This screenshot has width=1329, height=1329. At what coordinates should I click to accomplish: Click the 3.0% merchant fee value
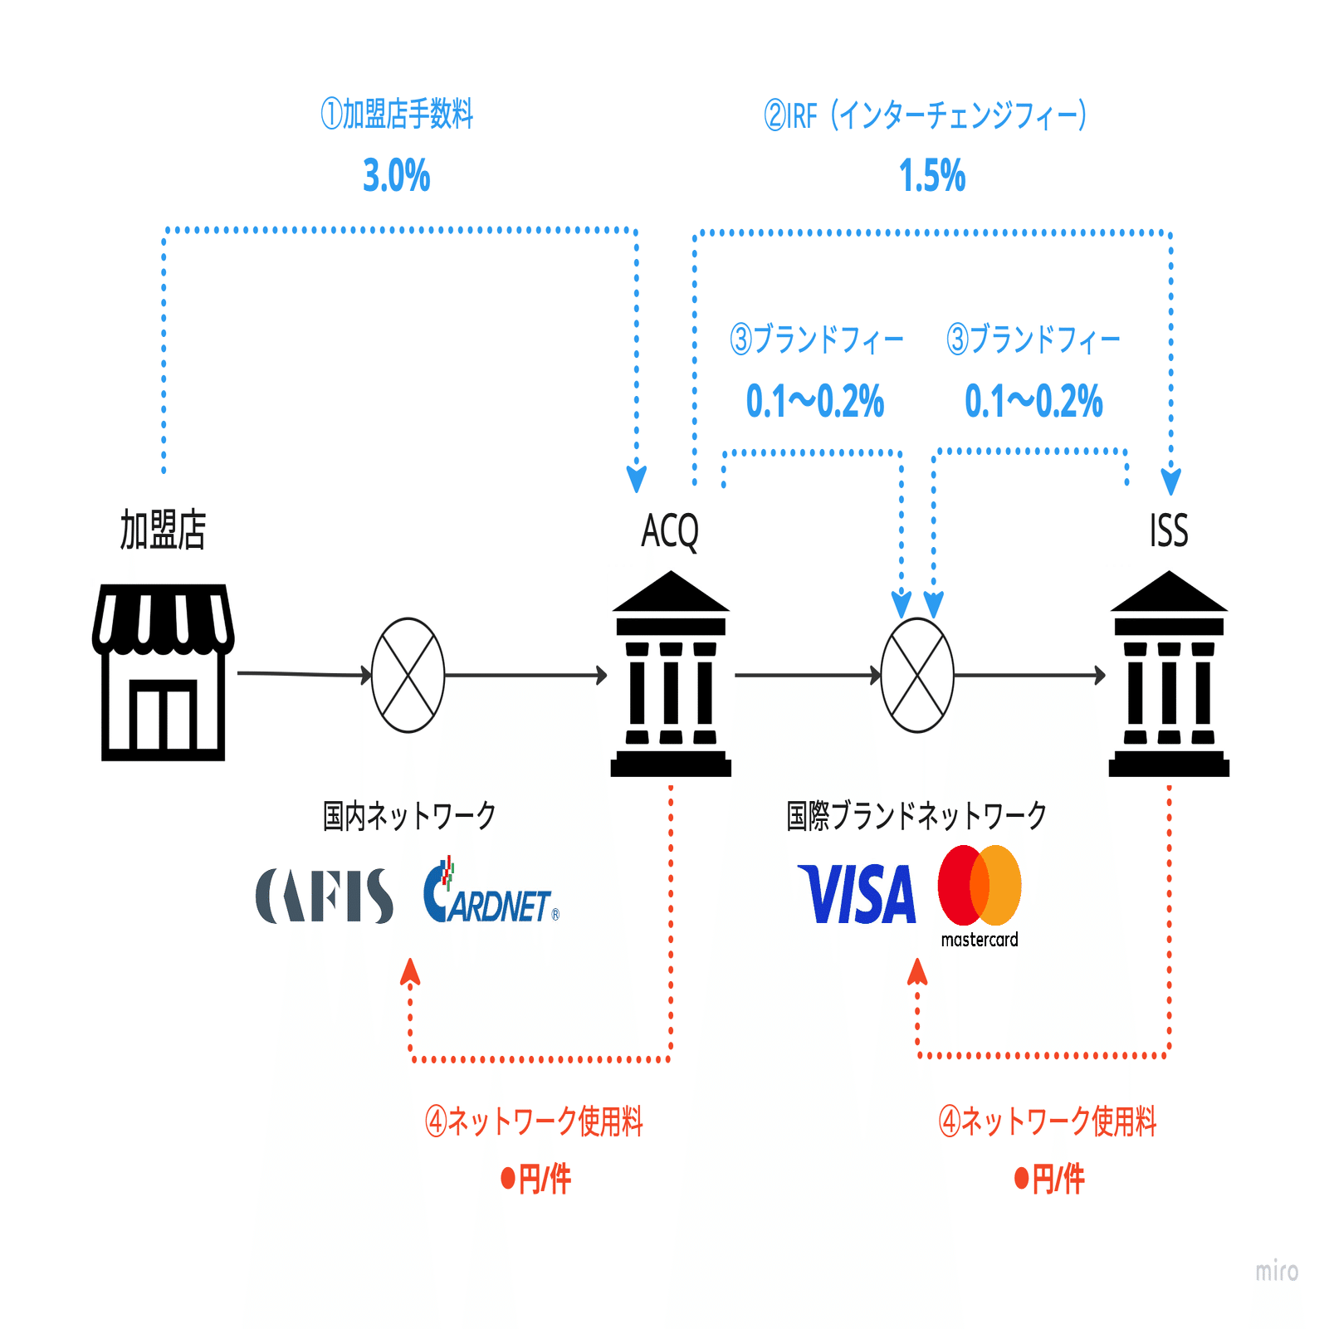pos(397,176)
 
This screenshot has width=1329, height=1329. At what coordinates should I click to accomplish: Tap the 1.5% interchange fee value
pos(932,176)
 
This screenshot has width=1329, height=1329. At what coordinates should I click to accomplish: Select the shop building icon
pos(163,672)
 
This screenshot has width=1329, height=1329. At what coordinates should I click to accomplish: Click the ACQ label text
pos(670,531)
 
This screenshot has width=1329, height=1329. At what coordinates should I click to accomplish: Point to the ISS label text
pos(1169,531)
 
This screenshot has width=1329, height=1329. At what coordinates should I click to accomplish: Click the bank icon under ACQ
pos(671,674)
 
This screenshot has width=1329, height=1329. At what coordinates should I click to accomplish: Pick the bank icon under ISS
pos(1169,674)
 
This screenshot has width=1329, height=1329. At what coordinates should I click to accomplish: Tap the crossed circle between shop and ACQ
pos(408,675)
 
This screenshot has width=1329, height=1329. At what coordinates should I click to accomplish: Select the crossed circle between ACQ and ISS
pos(916,675)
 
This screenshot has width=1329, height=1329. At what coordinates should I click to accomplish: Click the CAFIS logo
pos(325,896)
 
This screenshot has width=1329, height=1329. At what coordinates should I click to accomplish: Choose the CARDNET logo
pos(490,895)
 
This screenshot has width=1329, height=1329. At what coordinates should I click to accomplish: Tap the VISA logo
pos(857,894)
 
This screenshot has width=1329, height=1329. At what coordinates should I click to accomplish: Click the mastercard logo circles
pos(980,886)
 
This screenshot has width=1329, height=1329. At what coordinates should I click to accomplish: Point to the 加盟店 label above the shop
pos(163,530)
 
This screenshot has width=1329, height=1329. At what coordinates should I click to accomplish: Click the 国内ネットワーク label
pos(409,815)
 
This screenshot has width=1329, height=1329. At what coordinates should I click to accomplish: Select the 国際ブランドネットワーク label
pos(916,815)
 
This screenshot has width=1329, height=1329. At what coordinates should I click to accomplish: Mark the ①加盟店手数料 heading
pos(397,114)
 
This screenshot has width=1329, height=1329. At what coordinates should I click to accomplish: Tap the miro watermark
pos(1276,1271)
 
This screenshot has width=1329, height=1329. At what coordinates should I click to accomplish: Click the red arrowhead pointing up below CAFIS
pos(409,971)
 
